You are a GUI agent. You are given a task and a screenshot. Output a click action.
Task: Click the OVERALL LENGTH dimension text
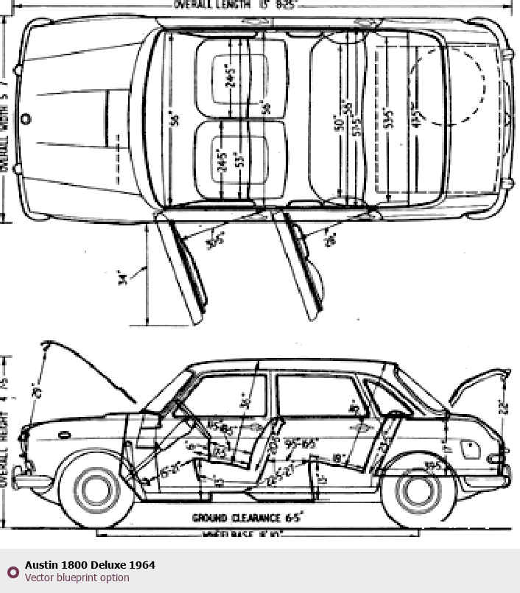233,4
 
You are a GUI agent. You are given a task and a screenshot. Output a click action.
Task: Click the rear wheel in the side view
416,489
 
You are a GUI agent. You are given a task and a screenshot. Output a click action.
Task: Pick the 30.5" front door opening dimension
214,240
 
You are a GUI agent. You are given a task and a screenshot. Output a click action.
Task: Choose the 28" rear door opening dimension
329,239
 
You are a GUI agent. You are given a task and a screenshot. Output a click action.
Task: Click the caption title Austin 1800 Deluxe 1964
90,565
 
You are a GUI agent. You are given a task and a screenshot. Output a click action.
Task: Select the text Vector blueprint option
77,578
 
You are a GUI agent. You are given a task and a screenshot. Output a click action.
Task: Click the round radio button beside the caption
13,572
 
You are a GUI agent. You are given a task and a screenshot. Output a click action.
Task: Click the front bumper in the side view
27,483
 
